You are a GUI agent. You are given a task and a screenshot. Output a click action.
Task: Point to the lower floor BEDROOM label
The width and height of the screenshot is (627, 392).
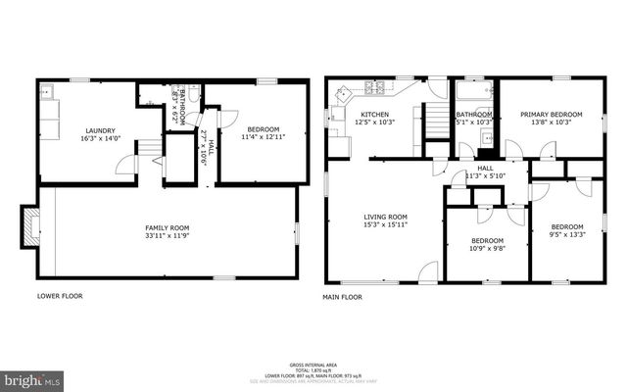tap(263, 129)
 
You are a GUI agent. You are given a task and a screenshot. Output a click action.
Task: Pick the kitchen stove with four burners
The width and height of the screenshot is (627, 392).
tap(373, 87)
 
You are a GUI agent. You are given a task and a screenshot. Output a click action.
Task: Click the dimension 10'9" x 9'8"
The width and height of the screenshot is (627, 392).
tap(487, 249)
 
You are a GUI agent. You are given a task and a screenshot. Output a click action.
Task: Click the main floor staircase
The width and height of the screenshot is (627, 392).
tap(433, 125)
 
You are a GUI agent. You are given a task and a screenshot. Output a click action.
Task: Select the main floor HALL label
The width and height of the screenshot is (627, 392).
tap(485, 168)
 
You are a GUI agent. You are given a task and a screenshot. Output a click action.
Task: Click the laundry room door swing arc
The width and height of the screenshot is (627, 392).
tap(125, 167)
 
